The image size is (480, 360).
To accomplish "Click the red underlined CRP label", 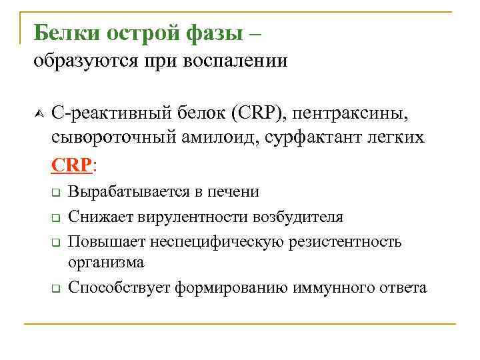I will [x=72, y=164].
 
